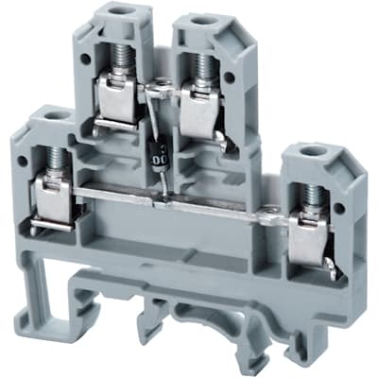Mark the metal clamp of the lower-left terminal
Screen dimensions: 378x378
[x=52, y=200]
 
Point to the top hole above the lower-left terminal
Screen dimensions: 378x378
[x=49, y=118]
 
